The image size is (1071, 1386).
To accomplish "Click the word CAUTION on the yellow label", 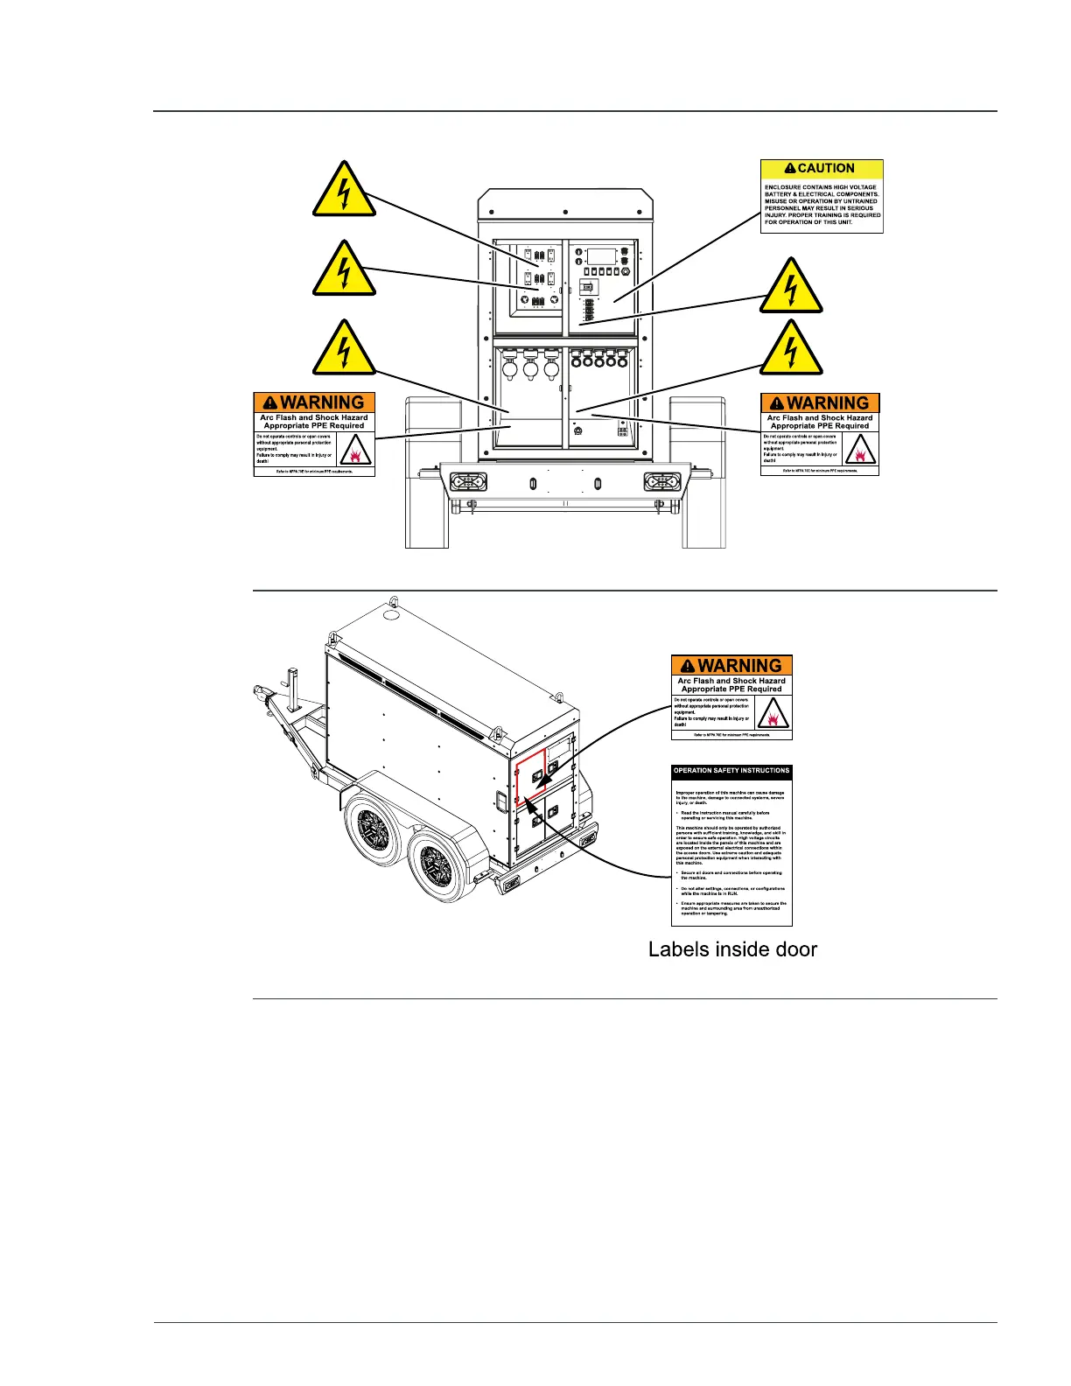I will point(826,168).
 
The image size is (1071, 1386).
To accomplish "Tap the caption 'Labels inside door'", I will point(732,949).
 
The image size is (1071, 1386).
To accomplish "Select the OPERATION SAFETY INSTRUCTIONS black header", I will point(731,771).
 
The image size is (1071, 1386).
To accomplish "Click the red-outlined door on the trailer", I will point(531,776).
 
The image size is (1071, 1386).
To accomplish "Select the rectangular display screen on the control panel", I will point(601,256).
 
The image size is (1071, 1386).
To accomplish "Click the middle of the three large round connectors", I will point(529,367).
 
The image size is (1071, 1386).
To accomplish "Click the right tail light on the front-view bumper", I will point(662,482).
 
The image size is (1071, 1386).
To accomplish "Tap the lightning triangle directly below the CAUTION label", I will point(791,286).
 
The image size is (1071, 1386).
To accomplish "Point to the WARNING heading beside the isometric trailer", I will point(740,666).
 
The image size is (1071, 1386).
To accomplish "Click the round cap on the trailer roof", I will point(392,616).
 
